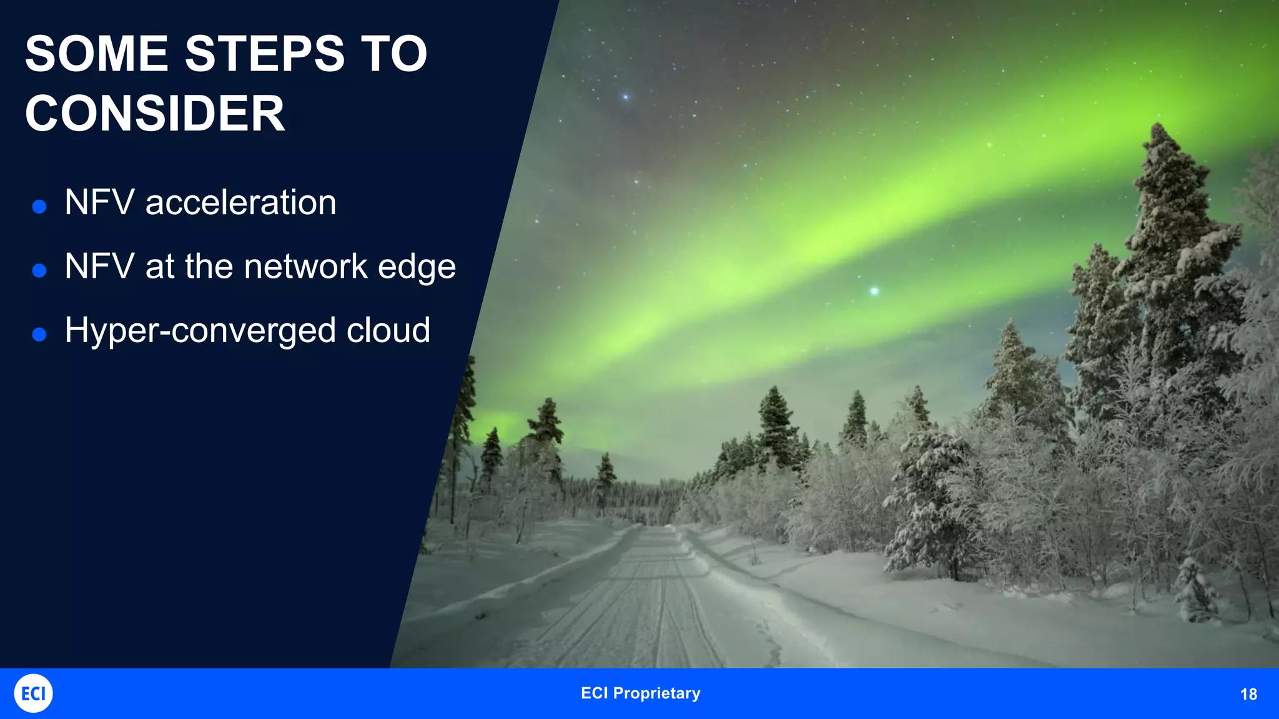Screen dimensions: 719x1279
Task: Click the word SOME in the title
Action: click(97, 54)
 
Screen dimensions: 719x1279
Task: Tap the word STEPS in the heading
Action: click(265, 54)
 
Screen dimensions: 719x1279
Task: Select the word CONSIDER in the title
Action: click(155, 114)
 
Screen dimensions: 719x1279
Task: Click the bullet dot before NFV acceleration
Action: click(39, 207)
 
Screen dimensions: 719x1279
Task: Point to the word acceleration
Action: click(240, 203)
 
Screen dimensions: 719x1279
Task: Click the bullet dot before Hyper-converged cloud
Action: click(39, 335)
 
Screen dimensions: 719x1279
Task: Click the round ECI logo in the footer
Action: click(33, 693)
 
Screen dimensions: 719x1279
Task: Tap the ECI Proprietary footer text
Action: click(640, 693)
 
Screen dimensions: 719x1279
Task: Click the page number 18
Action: click(1248, 694)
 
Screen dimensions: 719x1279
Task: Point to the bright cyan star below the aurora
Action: click(874, 291)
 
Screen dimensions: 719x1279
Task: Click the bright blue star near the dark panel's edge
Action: click(625, 97)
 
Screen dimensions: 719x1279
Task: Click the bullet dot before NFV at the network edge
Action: click(39, 271)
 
